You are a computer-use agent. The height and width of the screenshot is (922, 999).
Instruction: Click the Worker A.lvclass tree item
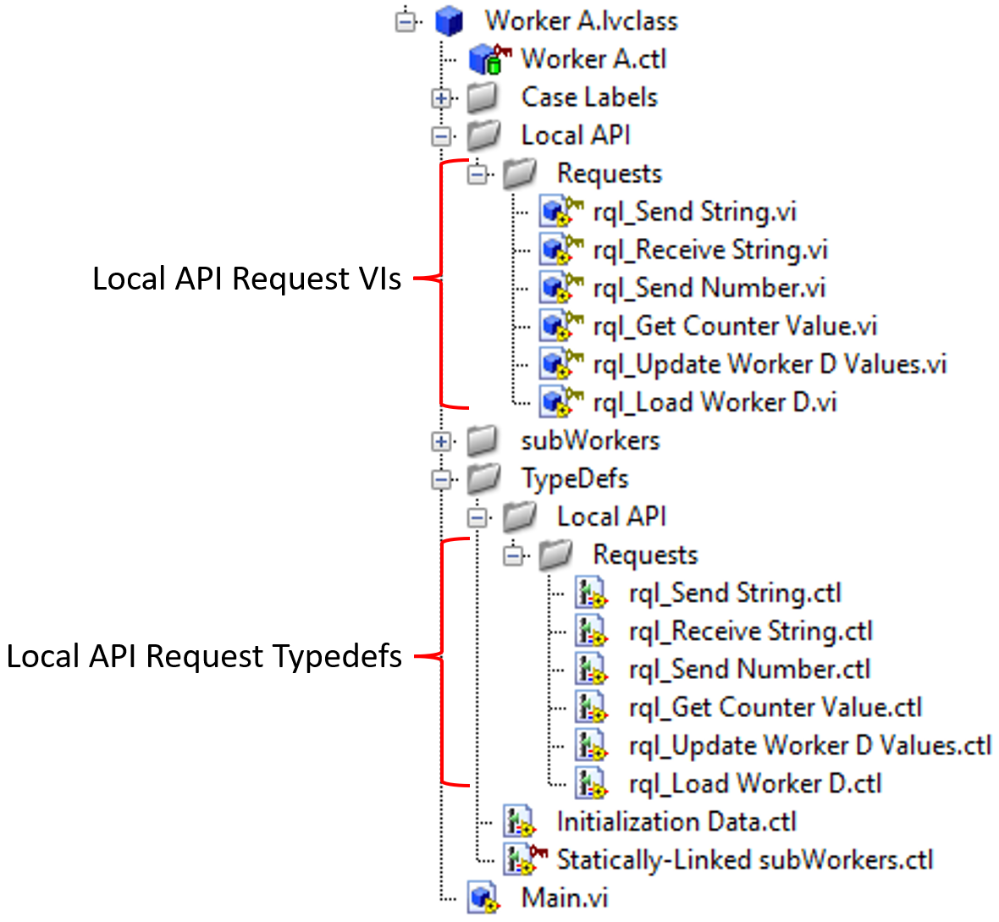(x=581, y=20)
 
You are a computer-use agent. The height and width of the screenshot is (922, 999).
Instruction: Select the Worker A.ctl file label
(x=593, y=58)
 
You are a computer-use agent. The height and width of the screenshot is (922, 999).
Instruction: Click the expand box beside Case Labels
(x=441, y=98)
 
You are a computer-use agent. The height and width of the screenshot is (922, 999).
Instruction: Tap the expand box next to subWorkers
(x=441, y=441)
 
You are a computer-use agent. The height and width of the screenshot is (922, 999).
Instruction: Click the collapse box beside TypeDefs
(x=441, y=479)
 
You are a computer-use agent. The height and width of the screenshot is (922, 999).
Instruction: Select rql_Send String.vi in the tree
(x=694, y=212)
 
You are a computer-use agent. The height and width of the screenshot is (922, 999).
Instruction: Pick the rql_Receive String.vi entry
(x=709, y=250)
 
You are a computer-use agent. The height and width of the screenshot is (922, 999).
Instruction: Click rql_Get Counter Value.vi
(x=734, y=326)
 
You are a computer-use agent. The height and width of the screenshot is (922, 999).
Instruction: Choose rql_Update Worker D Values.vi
(x=769, y=364)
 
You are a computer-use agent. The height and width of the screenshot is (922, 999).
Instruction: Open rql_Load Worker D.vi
(x=715, y=402)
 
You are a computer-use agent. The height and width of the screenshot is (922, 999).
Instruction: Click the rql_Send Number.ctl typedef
(x=749, y=670)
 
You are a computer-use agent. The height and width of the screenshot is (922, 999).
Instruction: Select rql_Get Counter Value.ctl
(x=775, y=708)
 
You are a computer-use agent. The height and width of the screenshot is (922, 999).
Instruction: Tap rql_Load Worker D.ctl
(x=754, y=784)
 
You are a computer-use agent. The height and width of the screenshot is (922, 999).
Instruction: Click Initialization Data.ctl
(x=676, y=822)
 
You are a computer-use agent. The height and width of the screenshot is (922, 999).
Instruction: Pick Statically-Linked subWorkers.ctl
(x=744, y=860)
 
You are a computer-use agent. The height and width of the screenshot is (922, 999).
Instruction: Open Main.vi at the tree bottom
(x=564, y=897)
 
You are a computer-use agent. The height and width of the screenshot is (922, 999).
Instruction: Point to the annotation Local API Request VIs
(x=246, y=279)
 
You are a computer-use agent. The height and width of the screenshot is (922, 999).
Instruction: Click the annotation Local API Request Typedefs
(x=204, y=656)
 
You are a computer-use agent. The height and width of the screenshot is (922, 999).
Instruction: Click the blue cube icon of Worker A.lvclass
(x=450, y=21)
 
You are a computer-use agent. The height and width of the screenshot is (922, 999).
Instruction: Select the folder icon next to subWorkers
(x=483, y=440)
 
